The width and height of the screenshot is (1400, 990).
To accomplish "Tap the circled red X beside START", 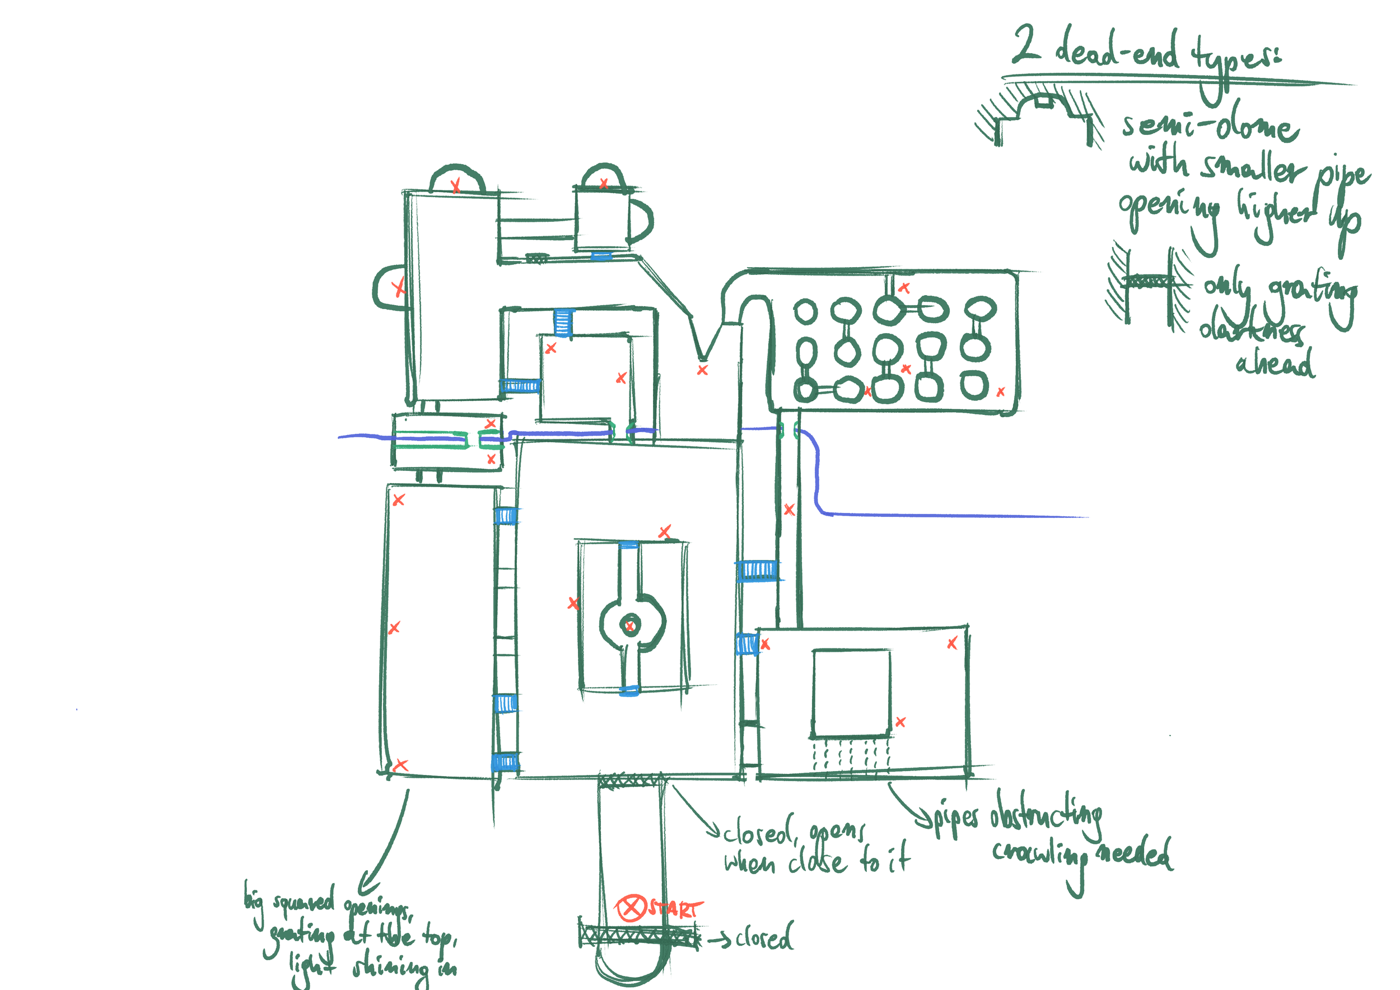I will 631,908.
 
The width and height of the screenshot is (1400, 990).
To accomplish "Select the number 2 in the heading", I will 1027,44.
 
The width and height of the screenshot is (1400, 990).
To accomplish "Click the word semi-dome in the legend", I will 1210,126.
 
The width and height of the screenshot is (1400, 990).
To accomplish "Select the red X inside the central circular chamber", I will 630,625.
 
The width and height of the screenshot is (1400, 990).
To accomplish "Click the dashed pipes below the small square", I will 851,756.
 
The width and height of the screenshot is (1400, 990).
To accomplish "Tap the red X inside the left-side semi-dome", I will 398,287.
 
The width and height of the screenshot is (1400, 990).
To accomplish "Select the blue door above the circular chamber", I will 629,545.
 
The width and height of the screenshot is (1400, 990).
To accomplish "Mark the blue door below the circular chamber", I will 629,690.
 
